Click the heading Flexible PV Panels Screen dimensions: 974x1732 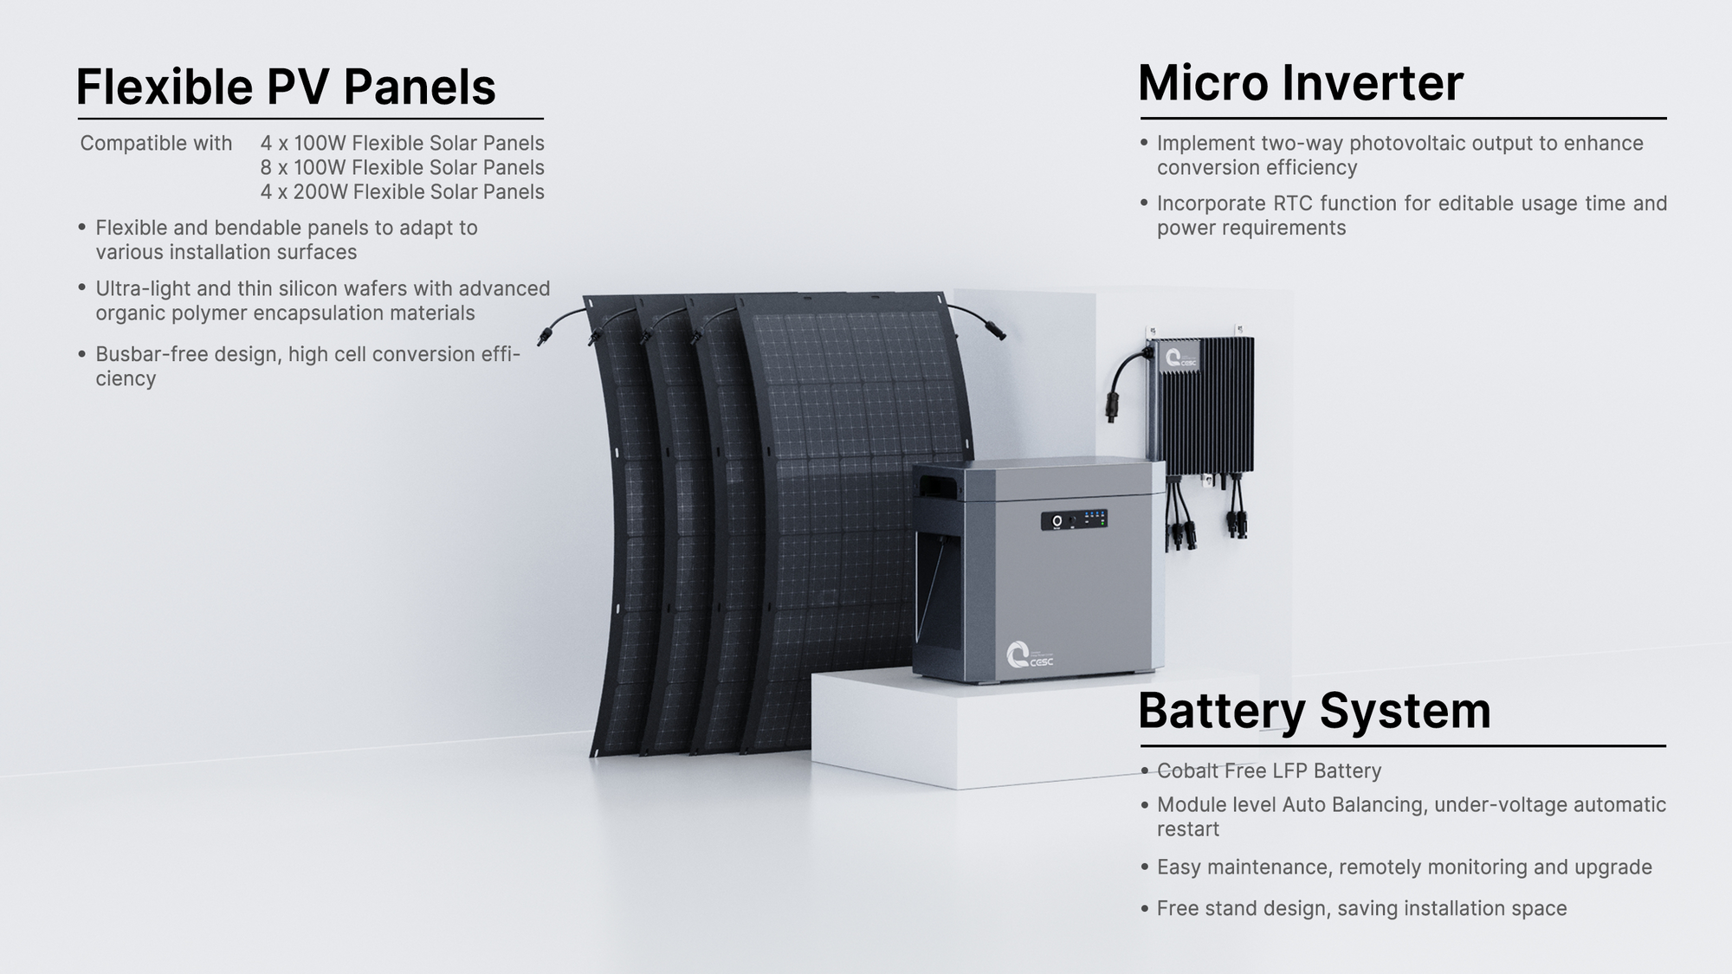[286, 87]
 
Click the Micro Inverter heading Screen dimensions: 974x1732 [1300, 83]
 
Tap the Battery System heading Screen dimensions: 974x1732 [1314, 711]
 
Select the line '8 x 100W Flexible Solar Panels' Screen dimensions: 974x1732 [402, 167]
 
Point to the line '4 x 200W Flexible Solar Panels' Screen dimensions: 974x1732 [402, 191]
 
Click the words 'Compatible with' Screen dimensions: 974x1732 [156, 143]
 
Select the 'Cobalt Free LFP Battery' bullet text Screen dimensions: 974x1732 [1269, 771]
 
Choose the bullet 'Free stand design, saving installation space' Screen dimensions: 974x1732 [1361, 908]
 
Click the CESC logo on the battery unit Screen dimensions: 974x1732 [1029, 655]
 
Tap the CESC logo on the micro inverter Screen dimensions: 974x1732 [1180, 358]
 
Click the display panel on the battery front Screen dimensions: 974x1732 [1074, 519]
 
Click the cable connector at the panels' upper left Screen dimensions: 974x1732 [545, 334]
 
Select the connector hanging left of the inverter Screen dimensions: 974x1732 [1112, 407]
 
